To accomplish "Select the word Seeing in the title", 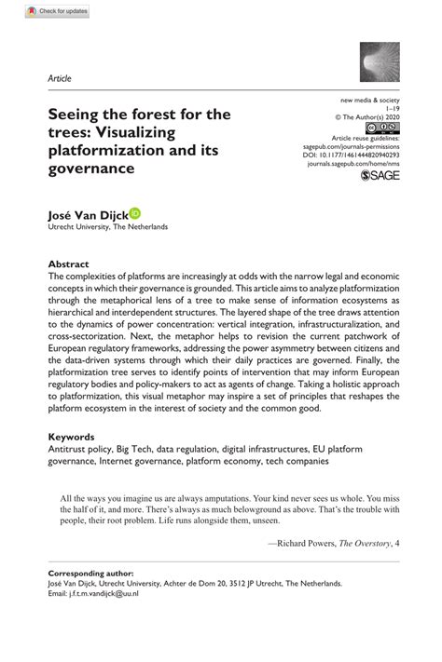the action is tap(76, 115).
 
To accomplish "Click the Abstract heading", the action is tap(68, 263).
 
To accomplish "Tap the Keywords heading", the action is tap(72, 436).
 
